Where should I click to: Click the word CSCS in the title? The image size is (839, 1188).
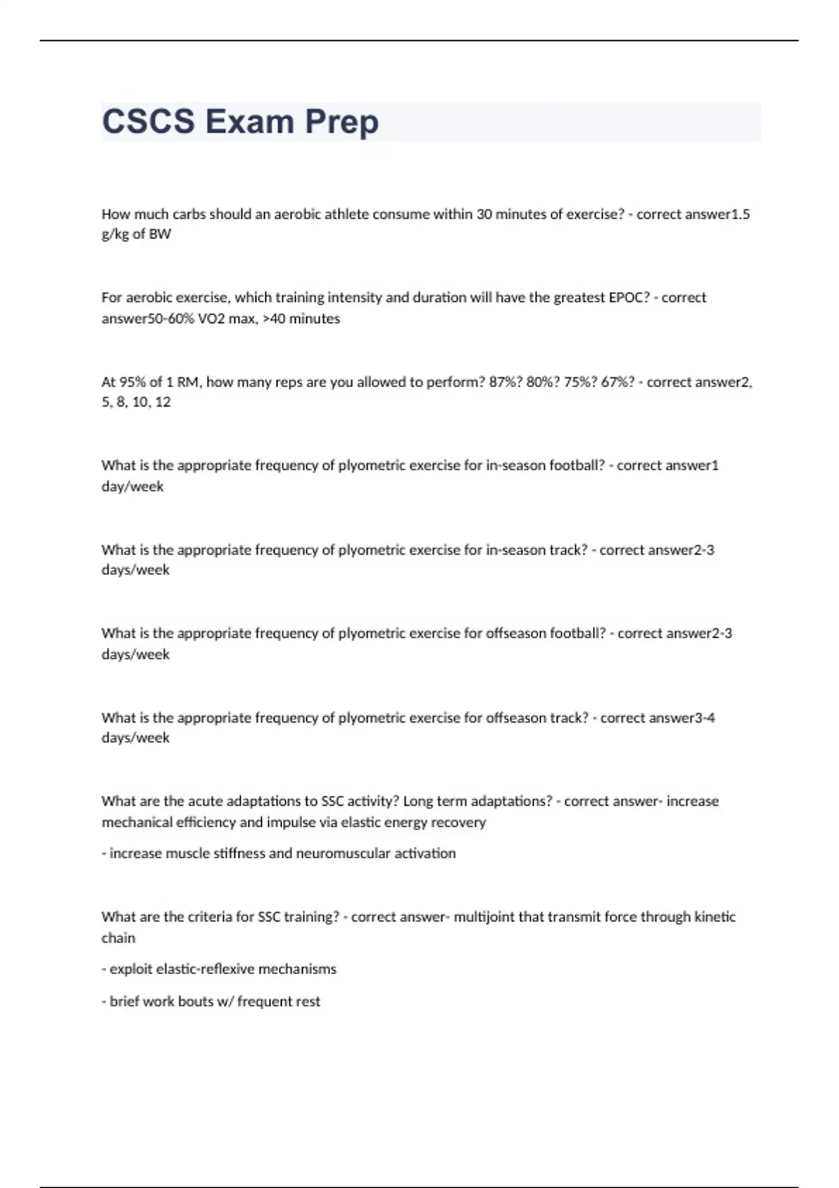point(148,122)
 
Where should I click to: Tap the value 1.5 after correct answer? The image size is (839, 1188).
point(740,214)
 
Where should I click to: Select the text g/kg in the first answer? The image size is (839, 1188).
point(115,234)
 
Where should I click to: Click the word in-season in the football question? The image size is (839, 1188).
point(516,465)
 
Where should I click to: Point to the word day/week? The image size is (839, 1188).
point(132,486)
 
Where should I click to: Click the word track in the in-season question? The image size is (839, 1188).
point(568,550)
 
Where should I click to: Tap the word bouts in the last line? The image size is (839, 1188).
point(196,1001)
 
